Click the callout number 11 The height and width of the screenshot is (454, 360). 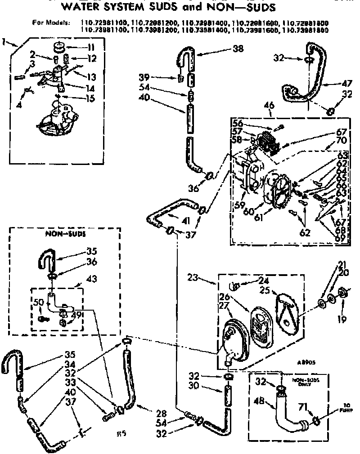pyautogui.click(x=90, y=47)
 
